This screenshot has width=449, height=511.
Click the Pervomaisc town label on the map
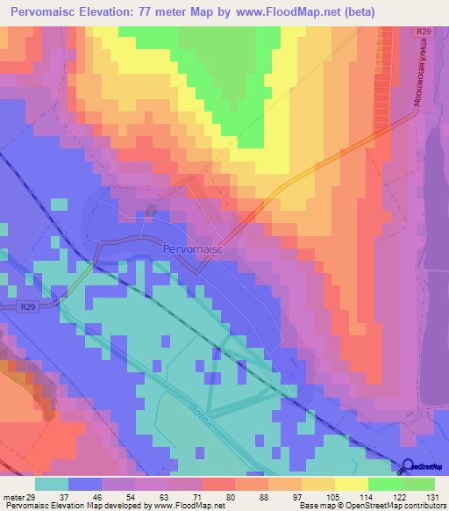(x=193, y=248)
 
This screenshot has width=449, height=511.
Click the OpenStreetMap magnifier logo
(x=409, y=466)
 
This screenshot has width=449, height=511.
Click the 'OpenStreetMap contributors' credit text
(x=404, y=506)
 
